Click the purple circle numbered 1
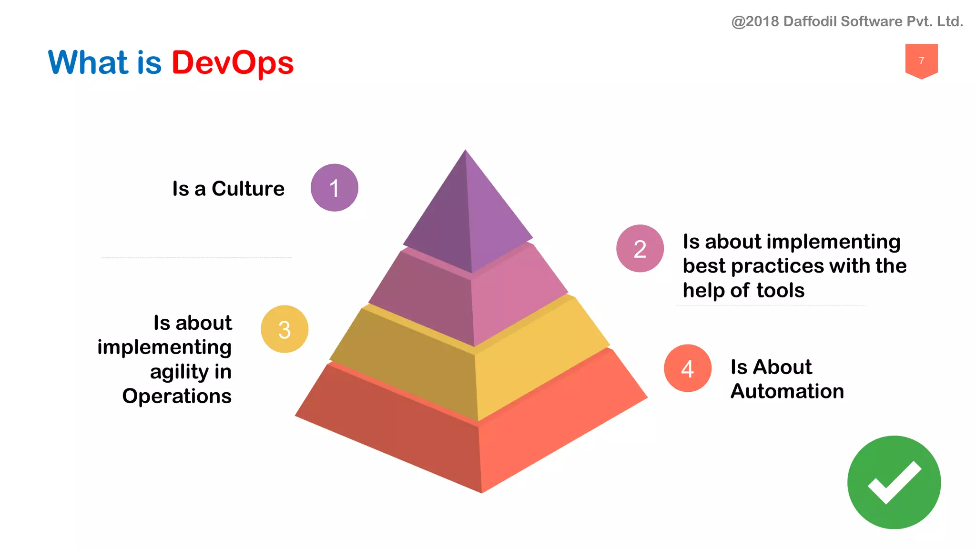pyautogui.click(x=334, y=188)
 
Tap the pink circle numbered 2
pyautogui.click(x=640, y=248)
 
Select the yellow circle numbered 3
pyautogui.click(x=285, y=329)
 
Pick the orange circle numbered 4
pyautogui.click(x=687, y=368)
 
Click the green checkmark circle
pyautogui.click(x=894, y=482)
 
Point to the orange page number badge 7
pyautogui.click(x=921, y=61)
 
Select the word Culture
pyautogui.click(x=248, y=189)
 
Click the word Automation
pyautogui.click(x=787, y=391)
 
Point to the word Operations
pyautogui.click(x=177, y=396)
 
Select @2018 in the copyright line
pyautogui.click(x=755, y=21)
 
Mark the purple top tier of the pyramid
pyautogui.click(x=467, y=214)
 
